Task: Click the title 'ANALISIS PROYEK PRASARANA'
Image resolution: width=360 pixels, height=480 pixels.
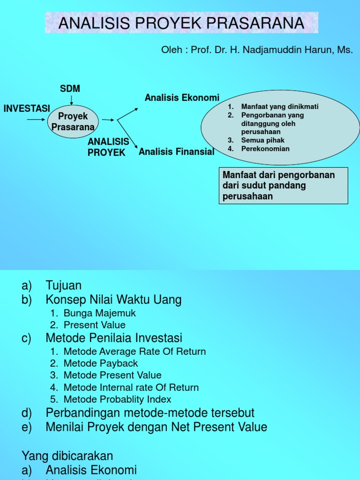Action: coord(181,23)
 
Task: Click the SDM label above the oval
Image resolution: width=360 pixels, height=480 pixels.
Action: coord(70,89)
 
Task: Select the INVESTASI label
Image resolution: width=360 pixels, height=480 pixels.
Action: coord(27,108)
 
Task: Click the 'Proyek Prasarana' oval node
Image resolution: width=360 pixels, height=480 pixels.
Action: coord(73,121)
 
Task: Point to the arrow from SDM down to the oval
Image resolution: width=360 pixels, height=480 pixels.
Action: coord(71,99)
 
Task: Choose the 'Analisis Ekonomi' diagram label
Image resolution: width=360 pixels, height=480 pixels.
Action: coord(182,98)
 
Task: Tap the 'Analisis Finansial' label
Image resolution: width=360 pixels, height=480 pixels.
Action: coord(176,151)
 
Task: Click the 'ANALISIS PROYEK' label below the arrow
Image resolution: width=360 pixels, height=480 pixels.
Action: coord(108,147)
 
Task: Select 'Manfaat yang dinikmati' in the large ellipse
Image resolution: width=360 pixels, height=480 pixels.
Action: coord(279,107)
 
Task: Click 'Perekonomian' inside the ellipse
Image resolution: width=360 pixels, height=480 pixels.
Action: coord(265,149)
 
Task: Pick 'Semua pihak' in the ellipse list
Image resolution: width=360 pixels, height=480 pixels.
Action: coord(262,140)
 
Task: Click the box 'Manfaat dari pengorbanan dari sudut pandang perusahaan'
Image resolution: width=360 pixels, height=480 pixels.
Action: coord(283,186)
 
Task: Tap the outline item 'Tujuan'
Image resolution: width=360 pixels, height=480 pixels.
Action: coord(64,285)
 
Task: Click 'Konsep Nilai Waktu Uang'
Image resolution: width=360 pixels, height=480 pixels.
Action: coord(113,300)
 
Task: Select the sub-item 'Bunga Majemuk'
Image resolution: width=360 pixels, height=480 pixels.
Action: coord(99,313)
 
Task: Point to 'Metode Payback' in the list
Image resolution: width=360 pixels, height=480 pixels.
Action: coord(100,363)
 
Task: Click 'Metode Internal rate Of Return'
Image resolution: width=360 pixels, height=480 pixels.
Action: coord(131,388)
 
